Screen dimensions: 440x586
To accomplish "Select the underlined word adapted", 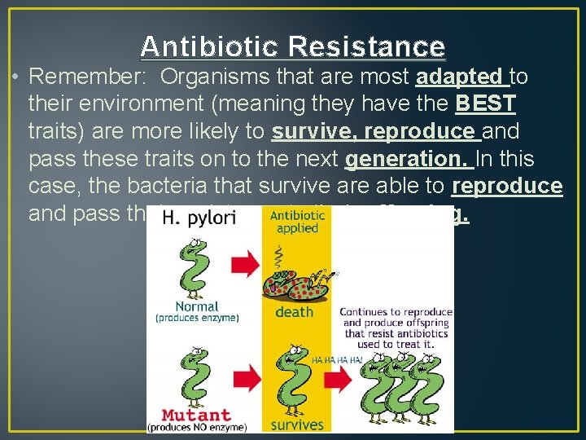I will [x=459, y=77].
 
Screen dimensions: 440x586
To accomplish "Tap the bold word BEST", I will [x=486, y=104].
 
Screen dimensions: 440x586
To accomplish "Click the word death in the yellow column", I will [x=294, y=312].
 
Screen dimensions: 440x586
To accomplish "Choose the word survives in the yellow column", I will [x=296, y=424].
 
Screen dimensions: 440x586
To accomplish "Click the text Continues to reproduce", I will [x=395, y=312].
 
